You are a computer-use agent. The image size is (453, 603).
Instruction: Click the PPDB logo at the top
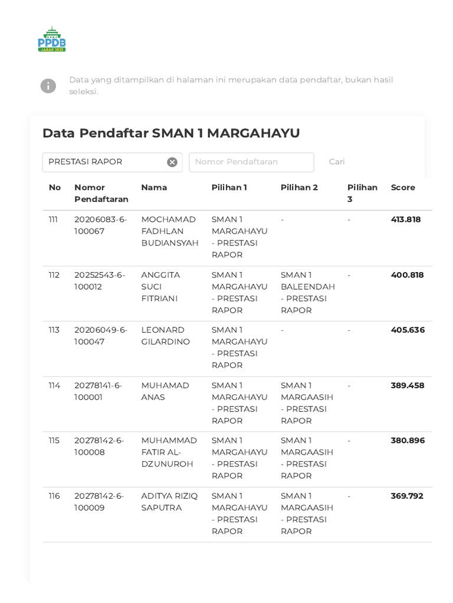click(52, 39)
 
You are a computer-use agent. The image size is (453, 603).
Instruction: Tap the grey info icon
click(48, 86)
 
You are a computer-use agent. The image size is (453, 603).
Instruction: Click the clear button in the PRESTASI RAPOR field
click(172, 162)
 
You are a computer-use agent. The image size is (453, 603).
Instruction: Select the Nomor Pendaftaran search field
click(251, 162)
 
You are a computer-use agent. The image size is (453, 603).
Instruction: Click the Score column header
click(403, 187)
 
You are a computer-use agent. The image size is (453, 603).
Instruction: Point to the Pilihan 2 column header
click(299, 187)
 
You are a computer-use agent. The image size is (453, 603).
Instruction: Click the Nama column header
click(154, 187)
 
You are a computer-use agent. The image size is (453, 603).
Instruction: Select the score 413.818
click(406, 220)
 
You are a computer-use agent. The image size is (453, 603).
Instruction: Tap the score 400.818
click(407, 275)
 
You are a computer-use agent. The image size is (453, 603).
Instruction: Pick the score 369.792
click(407, 496)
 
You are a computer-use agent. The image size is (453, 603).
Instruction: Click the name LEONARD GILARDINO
click(166, 336)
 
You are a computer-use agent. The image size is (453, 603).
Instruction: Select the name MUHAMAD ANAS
click(165, 391)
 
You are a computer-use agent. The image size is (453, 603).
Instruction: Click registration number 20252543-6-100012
click(100, 281)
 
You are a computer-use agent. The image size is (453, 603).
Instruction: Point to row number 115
click(54, 440)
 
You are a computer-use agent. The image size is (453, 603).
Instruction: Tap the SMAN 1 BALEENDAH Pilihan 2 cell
click(307, 293)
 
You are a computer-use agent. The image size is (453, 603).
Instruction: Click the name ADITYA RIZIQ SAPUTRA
click(169, 502)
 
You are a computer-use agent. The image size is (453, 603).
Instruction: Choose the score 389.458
click(407, 386)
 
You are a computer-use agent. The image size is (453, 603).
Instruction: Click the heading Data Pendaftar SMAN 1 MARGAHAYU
click(171, 133)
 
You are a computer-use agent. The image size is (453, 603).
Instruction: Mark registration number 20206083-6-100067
click(100, 226)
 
